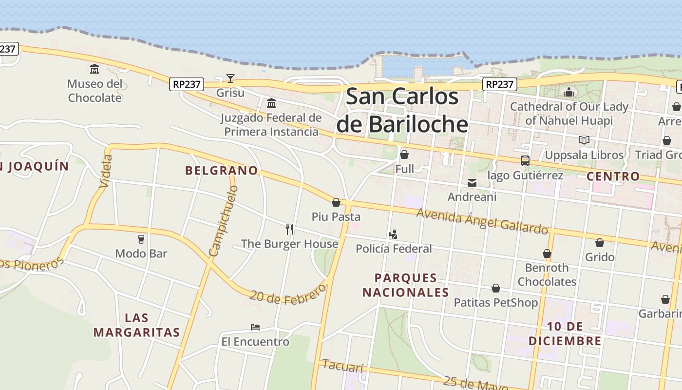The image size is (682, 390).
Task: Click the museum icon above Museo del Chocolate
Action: pos(95,69)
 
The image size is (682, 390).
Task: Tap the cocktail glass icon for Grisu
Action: pos(230,78)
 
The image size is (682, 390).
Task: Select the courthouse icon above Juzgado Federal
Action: pos(271,103)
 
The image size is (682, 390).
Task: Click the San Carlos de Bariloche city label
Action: pos(402,110)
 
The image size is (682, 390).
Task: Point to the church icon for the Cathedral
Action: pos(569,92)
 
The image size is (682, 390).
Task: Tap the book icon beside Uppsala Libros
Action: pos(584,140)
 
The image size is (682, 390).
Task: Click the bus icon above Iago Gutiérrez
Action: pos(525,161)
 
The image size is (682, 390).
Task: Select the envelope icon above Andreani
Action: pos(472,183)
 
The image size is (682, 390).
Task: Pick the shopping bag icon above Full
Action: pos(404,155)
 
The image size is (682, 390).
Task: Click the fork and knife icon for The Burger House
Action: pos(289,229)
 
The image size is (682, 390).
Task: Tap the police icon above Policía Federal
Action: pos(394,234)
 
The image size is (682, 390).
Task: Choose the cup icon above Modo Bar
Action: pos(141,239)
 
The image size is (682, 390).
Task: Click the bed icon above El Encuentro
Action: pos(255,327)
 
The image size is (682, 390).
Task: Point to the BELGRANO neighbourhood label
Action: pos(221,171)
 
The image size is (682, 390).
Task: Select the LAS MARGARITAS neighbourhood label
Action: pos(137,325)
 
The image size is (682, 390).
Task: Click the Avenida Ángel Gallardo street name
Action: pos(482,221)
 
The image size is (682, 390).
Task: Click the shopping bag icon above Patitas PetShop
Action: pos(496,288)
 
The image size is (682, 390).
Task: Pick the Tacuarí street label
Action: pos(343,366)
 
